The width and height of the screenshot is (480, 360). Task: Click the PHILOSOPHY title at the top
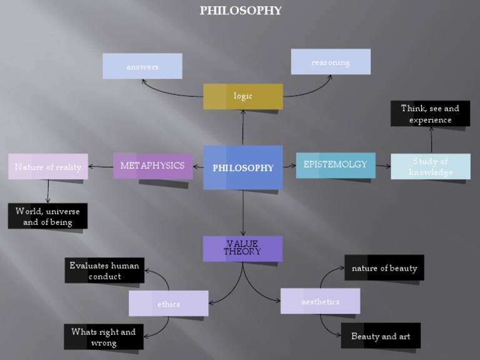241,11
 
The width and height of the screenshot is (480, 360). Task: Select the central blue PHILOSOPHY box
243,167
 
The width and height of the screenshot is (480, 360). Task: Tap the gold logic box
243,96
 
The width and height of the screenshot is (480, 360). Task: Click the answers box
142,66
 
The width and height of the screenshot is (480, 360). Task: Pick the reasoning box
331,62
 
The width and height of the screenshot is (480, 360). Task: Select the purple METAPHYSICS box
152,166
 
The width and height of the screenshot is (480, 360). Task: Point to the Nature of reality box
48,167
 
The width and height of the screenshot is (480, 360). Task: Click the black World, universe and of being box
47,216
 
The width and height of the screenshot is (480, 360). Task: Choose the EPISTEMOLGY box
336,165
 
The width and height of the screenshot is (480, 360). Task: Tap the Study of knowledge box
431,167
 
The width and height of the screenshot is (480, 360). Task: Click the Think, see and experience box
430,114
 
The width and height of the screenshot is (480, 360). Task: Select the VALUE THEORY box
242,248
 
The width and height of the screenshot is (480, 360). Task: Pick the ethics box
169,304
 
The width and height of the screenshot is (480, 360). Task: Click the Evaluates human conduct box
104,271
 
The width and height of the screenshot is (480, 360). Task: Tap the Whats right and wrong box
103,337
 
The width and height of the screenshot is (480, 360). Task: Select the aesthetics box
320,301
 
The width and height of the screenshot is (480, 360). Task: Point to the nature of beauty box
384,267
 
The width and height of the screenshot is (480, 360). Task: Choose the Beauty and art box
381,336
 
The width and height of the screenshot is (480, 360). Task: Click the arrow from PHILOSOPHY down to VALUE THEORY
243,212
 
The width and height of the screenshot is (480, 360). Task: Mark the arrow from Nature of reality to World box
48,191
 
